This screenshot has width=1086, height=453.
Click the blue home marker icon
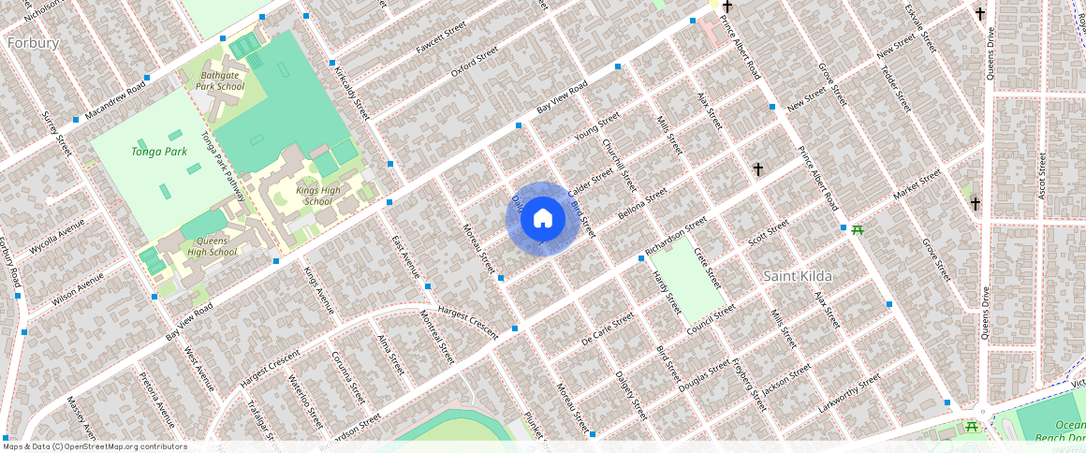pyautogui.click(x=542, y=219)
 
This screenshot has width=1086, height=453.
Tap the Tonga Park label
pyautogui.click(x=159, y=151)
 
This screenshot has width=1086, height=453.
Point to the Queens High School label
pyautogui.click(x=212, y=245)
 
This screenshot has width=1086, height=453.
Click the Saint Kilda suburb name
pyautogui.click(x=798, y=276)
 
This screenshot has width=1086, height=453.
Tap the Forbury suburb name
pyautogui.click(x=33, y=43)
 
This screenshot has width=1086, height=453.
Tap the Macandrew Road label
pyautogui.click(x=114, y=100)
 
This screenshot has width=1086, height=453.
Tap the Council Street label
pyautogui.click(x=711, y=320)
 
